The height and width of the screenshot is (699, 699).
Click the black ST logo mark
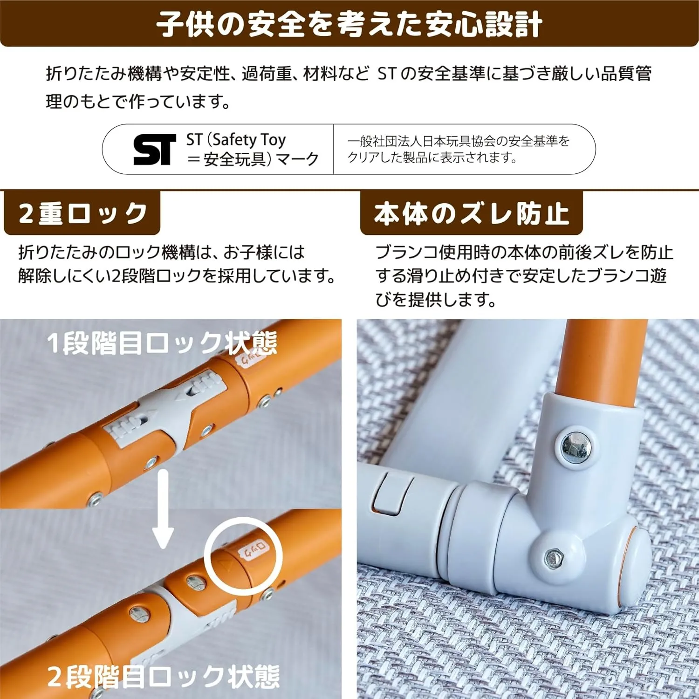point(155,150)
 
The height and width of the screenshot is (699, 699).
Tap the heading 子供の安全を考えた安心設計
point(349,24)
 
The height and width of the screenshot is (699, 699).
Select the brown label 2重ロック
point(82,213)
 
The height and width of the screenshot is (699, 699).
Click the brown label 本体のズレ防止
point(471,213)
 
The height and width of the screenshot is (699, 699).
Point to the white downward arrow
point(163,508)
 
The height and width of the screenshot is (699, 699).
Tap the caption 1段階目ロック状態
point(162,343)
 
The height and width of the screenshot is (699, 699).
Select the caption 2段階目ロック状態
point(163,677)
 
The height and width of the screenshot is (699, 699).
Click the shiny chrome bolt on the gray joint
point(575,446)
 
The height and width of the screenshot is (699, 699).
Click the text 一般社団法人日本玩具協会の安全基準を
point(459,141)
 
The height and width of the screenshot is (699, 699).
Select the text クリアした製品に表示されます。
point(432,158)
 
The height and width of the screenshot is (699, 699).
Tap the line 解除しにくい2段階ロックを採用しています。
point(177,276)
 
